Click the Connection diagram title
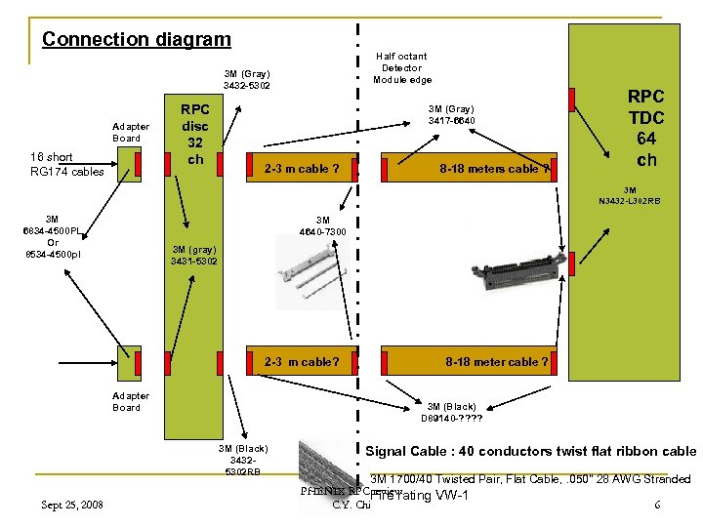click(x=137, y=40)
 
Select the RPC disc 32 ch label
click(x=195, y=134)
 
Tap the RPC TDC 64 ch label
click(x=645, y=128)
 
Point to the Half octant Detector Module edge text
click(x=400, y=68)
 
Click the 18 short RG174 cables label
click(x=66, y=164)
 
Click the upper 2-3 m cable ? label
click(x=302, y=169)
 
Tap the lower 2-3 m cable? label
click(x=302, y=362)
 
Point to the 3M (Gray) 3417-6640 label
click(x=452, y=114)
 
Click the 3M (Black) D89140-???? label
click(x=451, y=412)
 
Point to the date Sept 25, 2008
click(x=74, y=504)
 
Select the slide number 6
click(x=658, y=504)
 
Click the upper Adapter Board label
click(x=131, y=132)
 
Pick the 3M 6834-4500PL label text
click(x=53, y=237)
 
